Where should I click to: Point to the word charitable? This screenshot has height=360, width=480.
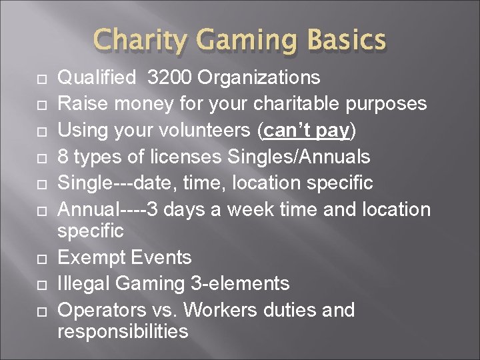pyautogui.click(x=299, y=104)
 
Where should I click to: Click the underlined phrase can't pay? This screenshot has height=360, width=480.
pyautogui.click(x=307, y=131)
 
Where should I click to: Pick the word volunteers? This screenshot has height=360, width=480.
pyautogui.click(x=193, y=131)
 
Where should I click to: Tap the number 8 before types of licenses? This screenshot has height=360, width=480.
pyautogui.click(x=64, y=157)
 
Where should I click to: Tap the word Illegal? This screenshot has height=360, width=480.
pyautogui.click(x=85, y=284)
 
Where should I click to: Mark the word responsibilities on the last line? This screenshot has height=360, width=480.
pyautogui.click(x=123, y=331)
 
